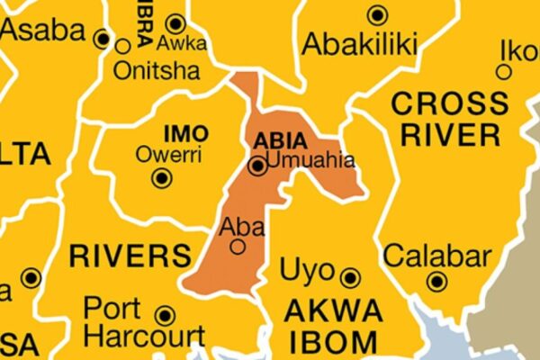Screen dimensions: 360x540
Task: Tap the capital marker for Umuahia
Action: point(259,166)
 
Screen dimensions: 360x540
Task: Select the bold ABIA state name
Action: point(280,141)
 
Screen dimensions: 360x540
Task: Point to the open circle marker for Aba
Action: point(238,246)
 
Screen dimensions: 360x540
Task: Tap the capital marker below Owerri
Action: point(162,178)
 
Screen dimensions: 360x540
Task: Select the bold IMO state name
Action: point(186,134)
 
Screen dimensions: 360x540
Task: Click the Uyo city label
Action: point(307,271)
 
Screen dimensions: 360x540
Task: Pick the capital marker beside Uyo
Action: point(350,278)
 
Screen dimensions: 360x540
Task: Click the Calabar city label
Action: point(437,256)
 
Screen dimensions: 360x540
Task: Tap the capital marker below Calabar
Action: point(437,282)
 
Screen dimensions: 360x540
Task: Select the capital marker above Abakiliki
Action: point(378,14)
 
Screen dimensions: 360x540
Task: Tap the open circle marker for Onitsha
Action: point(122,45)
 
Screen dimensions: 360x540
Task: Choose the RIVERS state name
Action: point(130,255)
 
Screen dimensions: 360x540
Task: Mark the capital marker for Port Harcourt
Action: point(165,315)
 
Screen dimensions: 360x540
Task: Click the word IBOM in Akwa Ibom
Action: point(331,342)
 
